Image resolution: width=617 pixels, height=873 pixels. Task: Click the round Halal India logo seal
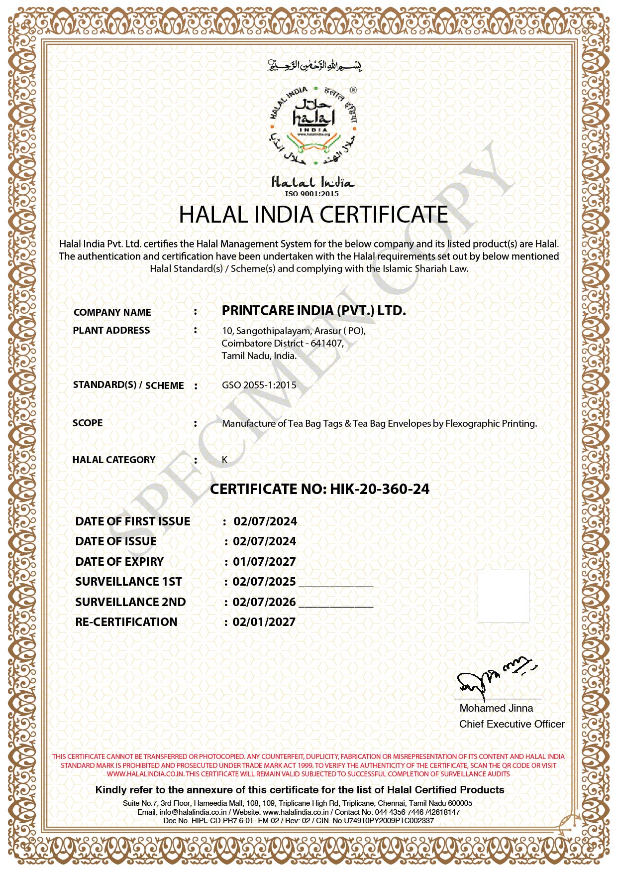[x=313, y=126]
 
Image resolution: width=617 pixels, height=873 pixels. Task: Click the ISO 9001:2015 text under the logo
[x=311, y=194]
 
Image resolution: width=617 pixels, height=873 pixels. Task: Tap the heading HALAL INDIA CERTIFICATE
[x=313, y=215]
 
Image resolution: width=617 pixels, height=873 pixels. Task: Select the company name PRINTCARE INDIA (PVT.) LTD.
[x=313, y=311]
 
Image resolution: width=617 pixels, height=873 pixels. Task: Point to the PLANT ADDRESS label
[x=111, y=330]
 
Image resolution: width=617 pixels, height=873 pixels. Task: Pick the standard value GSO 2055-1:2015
[x=259, y=385]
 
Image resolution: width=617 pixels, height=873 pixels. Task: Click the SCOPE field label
[x=88, y=423]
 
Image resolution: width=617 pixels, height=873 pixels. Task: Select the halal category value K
[x=224, y=460]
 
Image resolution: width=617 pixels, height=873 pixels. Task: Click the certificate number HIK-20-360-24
[x=379, y=489]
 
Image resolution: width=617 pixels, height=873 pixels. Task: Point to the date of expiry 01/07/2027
[x=264, y=562]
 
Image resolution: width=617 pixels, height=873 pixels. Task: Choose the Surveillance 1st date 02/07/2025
[x=264, y=582]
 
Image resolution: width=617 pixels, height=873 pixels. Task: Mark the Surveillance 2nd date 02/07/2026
[x=264, y=602]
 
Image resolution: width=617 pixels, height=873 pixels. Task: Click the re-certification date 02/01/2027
[x=264, y=622]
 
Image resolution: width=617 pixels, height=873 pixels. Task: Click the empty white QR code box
[x=503, y=596]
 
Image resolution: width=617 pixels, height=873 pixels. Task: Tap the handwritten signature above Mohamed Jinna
[x=495, y=678]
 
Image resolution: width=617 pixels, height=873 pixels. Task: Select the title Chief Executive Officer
[x=512, y=724]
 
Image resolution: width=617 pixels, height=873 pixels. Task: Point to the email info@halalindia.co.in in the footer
[x=193, y=812]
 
